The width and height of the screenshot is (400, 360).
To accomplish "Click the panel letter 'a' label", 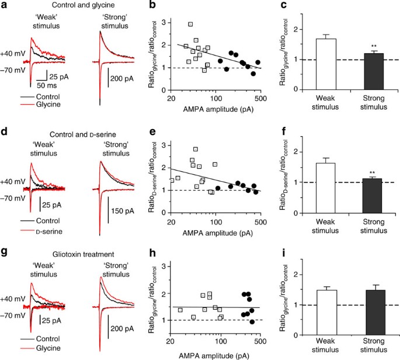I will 4,5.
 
